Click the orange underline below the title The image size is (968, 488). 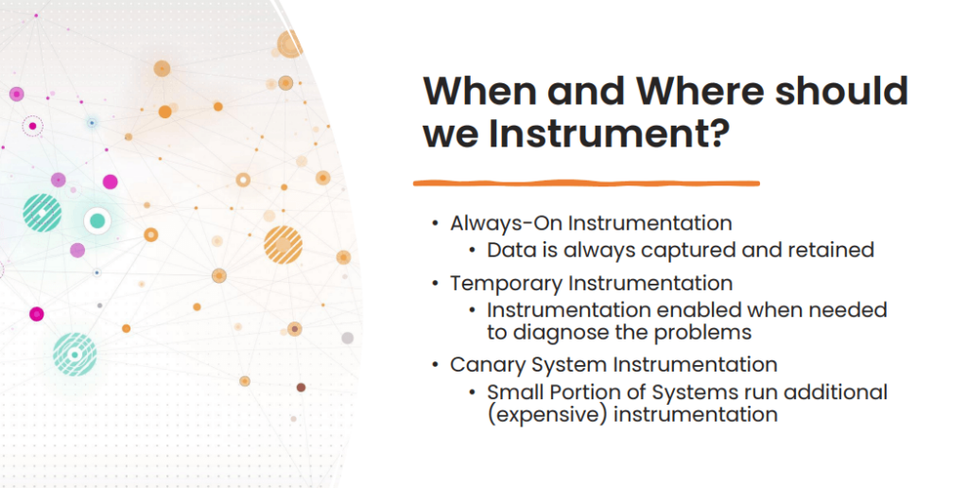pos(586,182)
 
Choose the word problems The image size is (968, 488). pos(710,332)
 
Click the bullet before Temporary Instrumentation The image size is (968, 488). pos(435,283)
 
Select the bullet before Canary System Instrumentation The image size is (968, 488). pos(435,364)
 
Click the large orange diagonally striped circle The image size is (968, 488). pos(283,244)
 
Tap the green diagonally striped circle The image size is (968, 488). pos(42,212)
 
